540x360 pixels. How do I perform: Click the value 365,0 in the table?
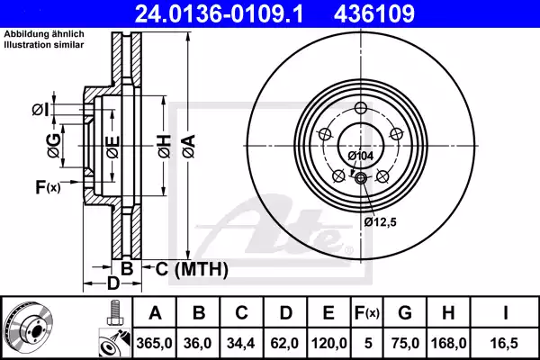coord(154,342)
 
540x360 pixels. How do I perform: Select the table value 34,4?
coord(240,342)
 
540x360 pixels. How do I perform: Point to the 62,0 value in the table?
coord(283,342)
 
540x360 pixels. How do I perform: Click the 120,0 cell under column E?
coord(327,342)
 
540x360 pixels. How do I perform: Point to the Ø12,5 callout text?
coord(381,220)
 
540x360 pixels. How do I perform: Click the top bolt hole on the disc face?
coord(361,109)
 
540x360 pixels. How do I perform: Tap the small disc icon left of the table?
coord(28,326)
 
